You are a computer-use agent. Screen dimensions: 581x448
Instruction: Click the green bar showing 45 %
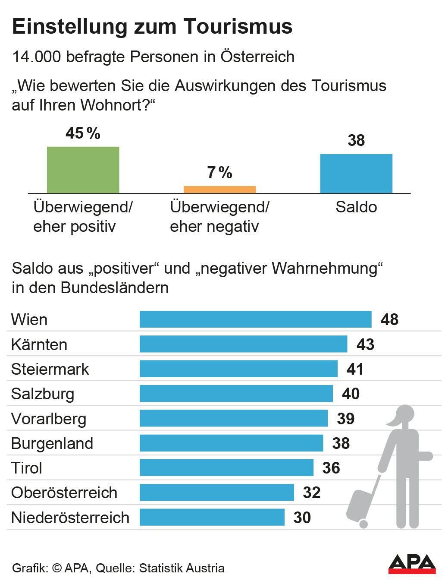83,170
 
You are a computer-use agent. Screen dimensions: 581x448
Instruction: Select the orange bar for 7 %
219,189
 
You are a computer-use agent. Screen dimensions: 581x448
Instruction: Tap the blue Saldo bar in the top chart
356,173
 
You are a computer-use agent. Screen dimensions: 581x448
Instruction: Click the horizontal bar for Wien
255,319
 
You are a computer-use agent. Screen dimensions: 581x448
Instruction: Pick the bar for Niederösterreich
212,517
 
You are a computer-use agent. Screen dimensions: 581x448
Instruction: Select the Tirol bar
226,468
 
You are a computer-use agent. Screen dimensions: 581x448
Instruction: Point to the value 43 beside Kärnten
365,344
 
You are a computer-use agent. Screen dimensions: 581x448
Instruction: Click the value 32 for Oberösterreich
311,493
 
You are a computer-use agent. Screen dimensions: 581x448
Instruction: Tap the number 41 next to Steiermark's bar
355,369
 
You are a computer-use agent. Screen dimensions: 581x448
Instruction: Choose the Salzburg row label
43,394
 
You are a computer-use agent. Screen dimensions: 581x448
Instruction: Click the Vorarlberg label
49,419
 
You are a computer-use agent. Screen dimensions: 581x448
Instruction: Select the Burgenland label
52,443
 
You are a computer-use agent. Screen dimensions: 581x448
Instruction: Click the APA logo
412,564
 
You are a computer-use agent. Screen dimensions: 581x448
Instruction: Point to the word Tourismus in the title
238,26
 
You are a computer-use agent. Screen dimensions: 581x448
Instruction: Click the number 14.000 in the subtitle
37,57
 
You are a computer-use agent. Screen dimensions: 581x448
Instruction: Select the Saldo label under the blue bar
356,207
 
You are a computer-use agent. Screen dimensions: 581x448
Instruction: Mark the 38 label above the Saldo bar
356,141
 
